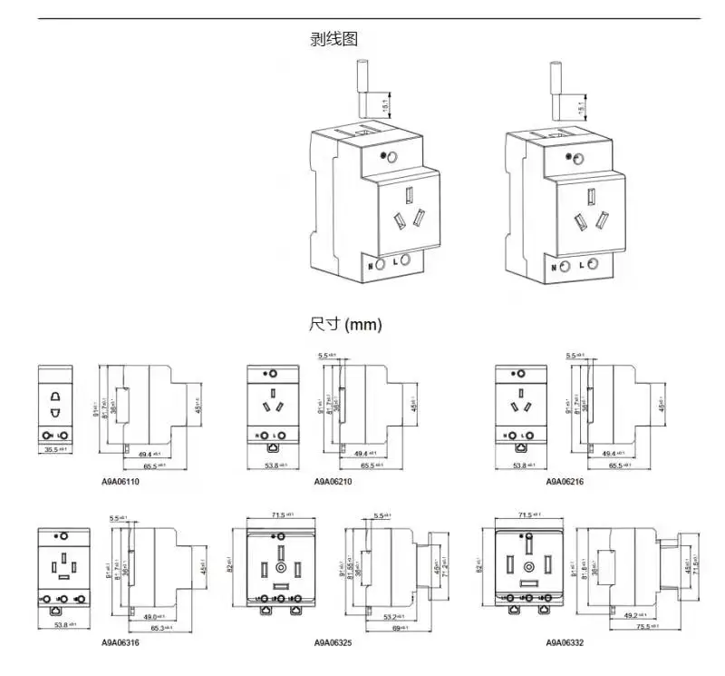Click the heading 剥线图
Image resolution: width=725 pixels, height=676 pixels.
point(334,38)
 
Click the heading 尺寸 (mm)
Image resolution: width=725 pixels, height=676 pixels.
point(345,324)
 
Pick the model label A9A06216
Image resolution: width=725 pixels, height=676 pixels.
point(564,481)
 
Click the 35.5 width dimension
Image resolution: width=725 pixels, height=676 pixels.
point(57,449)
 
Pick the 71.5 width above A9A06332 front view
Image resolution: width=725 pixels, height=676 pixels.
point(533,514)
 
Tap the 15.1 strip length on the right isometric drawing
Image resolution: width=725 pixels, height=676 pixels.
point(581,106)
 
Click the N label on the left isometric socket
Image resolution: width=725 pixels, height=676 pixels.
point(370,266)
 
